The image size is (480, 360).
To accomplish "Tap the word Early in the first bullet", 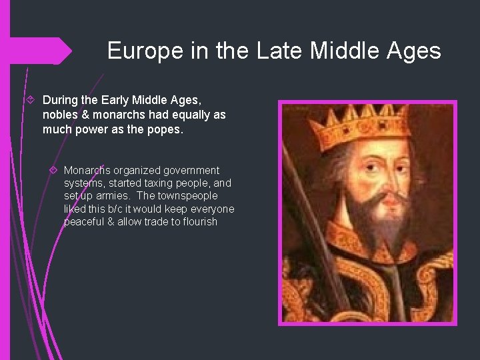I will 121,100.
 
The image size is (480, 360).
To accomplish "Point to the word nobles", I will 61,115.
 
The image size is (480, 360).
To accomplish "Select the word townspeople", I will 187,196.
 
